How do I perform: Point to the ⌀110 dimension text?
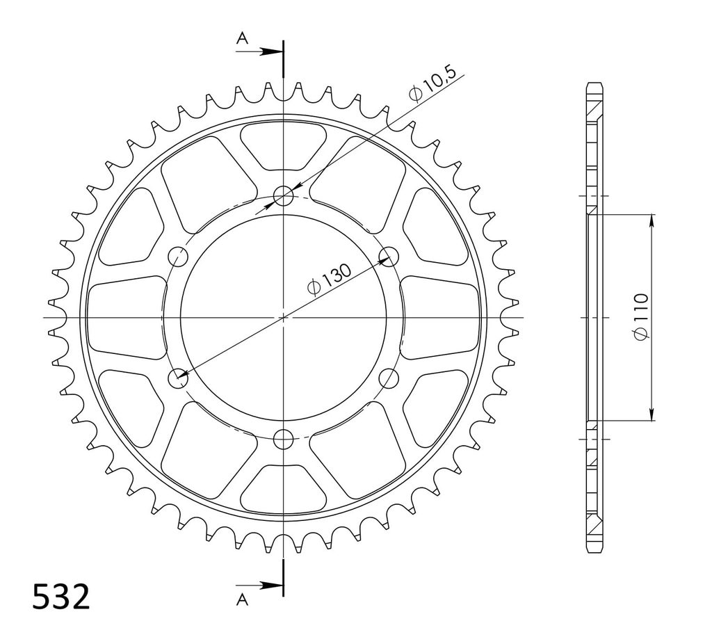pos(641,316)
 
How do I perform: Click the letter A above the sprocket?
pos(243,39)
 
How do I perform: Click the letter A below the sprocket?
pos(243,600)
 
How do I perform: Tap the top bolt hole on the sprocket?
pos(284,195)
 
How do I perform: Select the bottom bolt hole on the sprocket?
pos(284,439)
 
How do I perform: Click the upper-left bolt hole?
pos(178,257)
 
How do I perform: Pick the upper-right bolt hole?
pos(389,257)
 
